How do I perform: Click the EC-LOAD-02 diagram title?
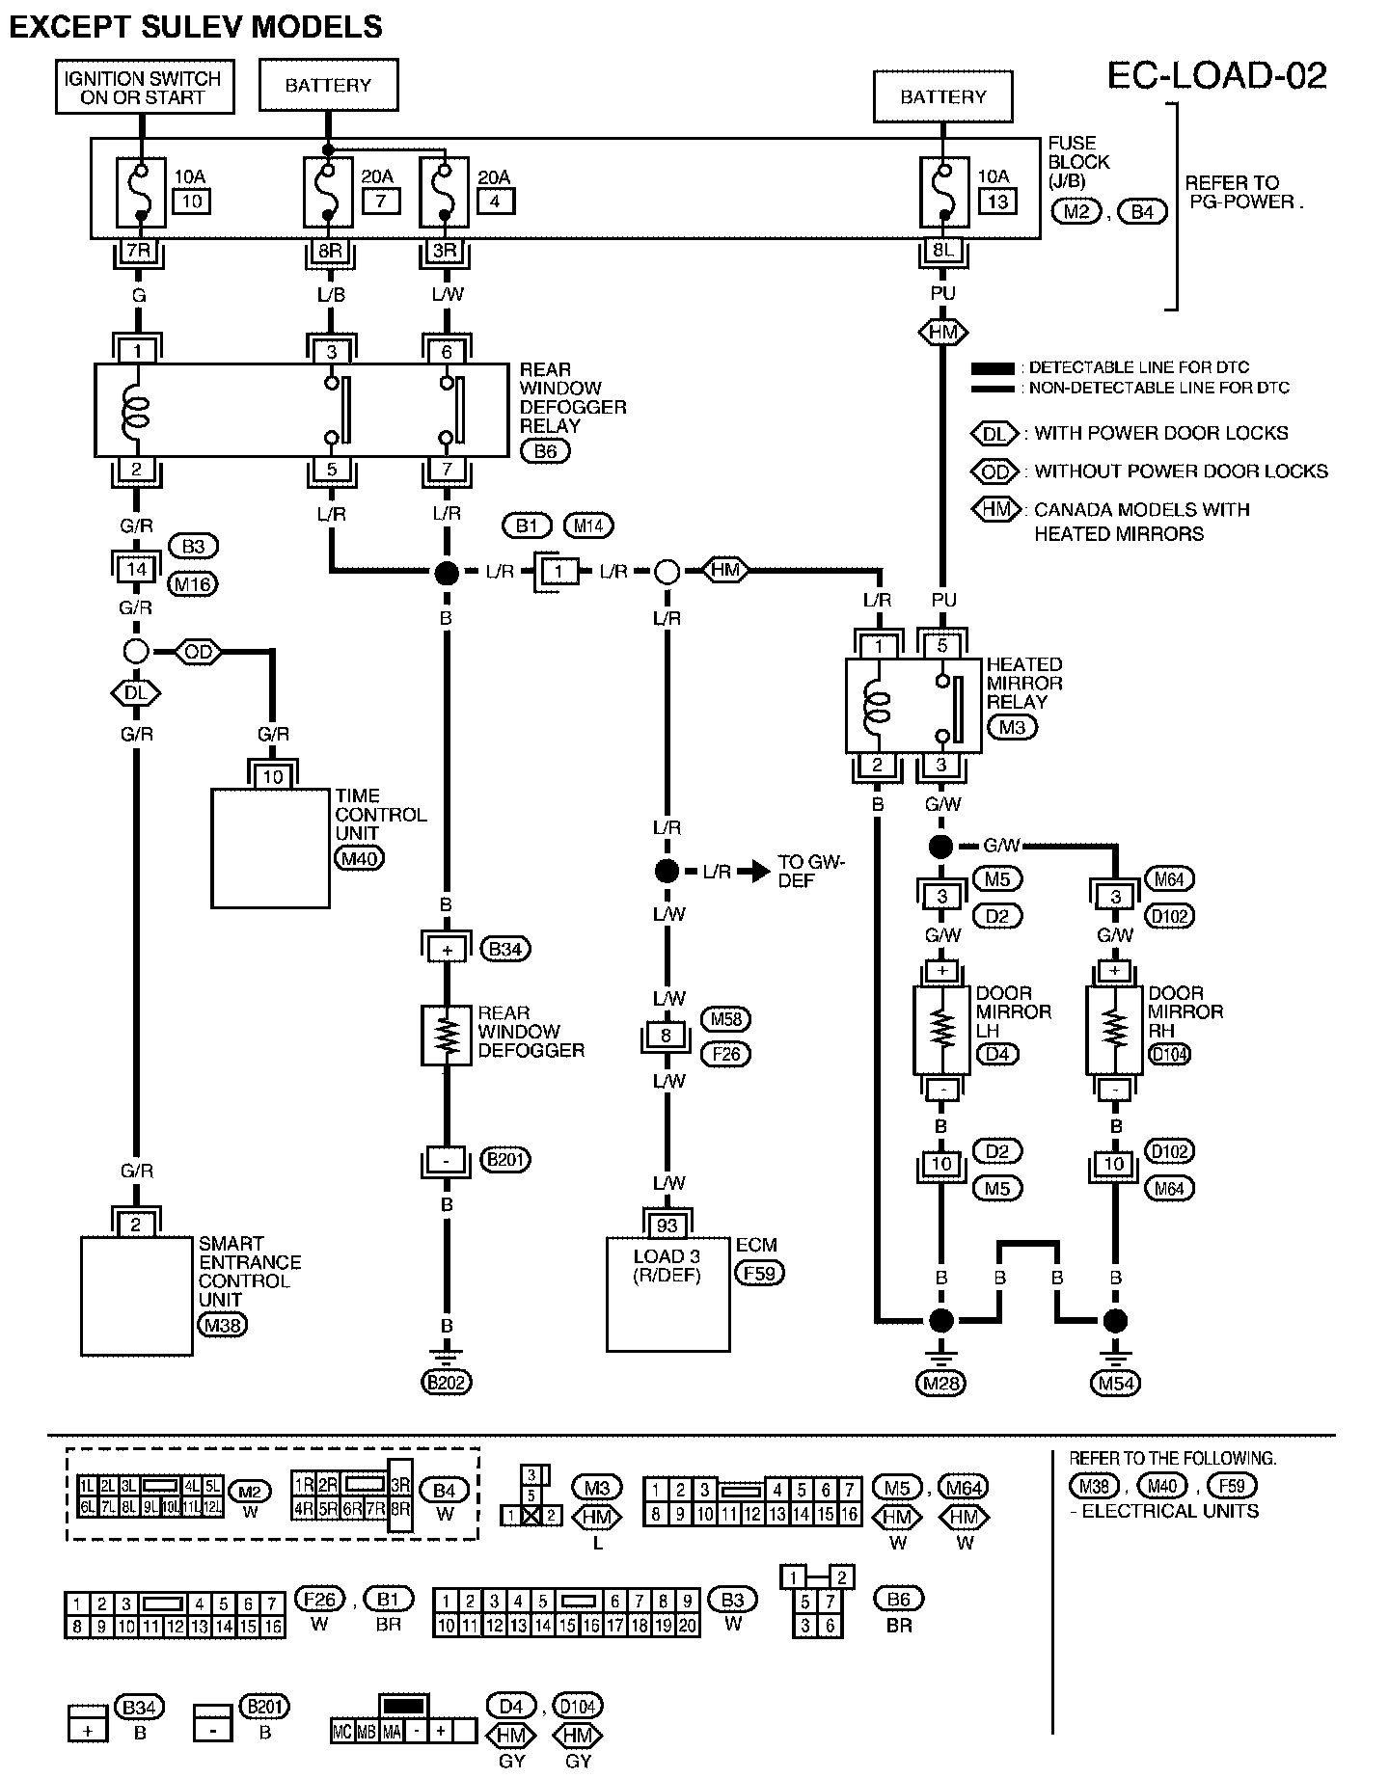pos(1216,75)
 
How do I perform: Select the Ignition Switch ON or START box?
pos(143,88)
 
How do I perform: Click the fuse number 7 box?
pos(381,201)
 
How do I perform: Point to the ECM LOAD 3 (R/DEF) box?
pos(667,1294)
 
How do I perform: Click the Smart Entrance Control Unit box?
pos(137,1296)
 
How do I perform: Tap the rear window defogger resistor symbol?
pos(446,1036)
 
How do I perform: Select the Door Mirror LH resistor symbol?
pos(941,1029)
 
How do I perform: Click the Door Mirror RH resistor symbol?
pos(1115,1029)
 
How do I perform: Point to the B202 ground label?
pos(446,1382)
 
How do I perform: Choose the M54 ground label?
pos(1116,1383)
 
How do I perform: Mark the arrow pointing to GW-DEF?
pos(751,872)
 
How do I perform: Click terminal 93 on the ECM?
pos(667,1226)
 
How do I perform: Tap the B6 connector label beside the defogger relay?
pos(545,450)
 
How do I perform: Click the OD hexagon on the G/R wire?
pos(198,652)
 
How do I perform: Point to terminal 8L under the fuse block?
pos(942,250)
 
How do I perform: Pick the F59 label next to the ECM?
pos(760,1273)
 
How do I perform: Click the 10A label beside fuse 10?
pos(190,176)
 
